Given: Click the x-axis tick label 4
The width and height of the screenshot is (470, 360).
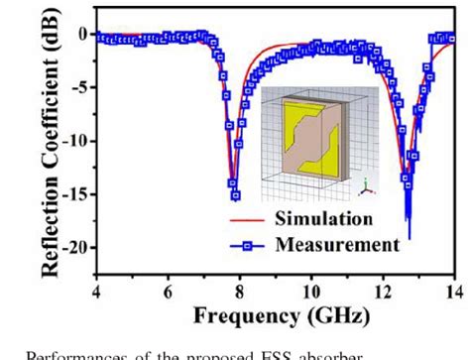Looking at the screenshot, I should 96,291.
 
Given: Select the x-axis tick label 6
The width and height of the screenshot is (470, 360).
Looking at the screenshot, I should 168,291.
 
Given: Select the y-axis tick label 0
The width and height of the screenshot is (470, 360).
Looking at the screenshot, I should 83,34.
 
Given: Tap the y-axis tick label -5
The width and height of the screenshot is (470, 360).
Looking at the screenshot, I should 79,87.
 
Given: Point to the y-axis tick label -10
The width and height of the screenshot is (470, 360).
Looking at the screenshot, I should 75,140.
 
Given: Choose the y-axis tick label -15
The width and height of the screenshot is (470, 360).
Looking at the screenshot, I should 75,193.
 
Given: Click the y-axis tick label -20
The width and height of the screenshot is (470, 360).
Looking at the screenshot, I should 75,247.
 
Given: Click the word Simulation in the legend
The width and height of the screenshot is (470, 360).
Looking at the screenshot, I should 317,218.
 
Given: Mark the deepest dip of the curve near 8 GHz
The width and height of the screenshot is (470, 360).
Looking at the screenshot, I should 235,195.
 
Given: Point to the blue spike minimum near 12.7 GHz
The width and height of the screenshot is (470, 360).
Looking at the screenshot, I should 409,236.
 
